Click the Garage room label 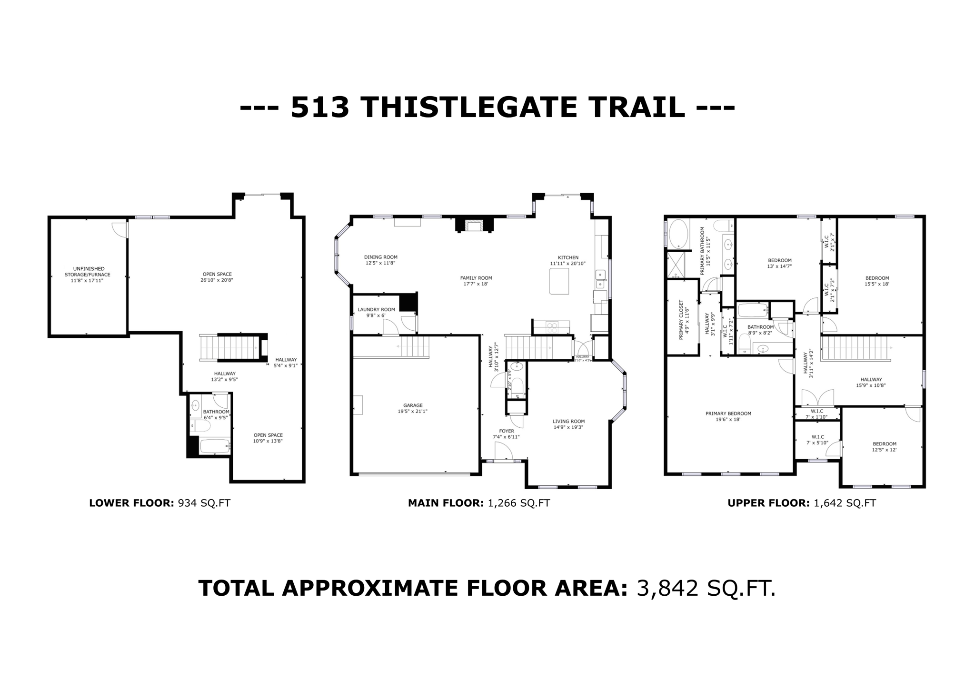coord(412,405)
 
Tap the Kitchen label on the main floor coord(568,257)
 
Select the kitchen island coord(559,281)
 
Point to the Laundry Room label coord(376,309)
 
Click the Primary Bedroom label coord(728,413)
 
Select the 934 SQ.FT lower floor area coord(204,503)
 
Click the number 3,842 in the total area coord(667,589)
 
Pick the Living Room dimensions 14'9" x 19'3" coord(568,427)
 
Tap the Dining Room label coord(380,257)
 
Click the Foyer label coord(506,431)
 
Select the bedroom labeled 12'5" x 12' coord(884,446)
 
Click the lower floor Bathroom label coord(216,412)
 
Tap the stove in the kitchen coord(551,327)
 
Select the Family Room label coord(476,278)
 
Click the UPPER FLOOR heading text coord(768,503)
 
